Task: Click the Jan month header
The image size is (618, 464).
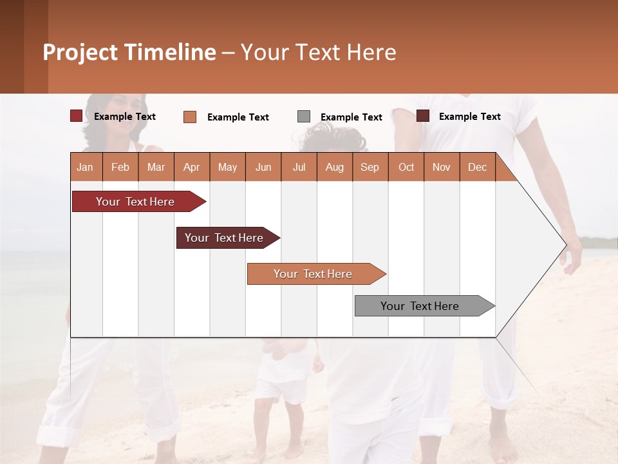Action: [85, 167]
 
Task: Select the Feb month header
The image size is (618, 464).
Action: [120, 167]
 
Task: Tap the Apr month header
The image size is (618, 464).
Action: [192, 167]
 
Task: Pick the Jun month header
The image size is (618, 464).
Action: [263, 167]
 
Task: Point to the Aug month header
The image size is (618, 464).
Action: [335, 167]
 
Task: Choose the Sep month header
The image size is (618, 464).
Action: [370, 167]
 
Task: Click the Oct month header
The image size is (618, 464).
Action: [406, 167]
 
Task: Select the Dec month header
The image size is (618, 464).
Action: [478, 167]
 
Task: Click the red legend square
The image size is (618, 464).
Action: [76, 116]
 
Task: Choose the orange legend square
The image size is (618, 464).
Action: [190, 117]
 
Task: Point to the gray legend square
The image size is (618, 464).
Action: [304, 117]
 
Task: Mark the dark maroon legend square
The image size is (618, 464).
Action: [423, 116]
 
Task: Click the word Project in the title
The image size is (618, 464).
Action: [80, 52]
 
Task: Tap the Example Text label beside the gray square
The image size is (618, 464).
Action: [351, 117]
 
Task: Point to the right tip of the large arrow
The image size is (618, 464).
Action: [565, 244]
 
